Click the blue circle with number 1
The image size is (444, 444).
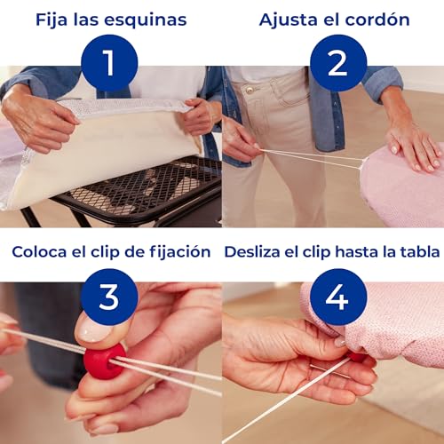[x=109, y=63]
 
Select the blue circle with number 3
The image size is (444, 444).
[x=109, y=297]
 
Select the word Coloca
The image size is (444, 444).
[x=40, y=252]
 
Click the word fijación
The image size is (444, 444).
[x=177, y=252]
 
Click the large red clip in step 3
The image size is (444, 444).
[x=104, y=361]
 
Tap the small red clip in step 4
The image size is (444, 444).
[x=357, y=356]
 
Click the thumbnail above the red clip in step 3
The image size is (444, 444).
[x=91, y=330]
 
